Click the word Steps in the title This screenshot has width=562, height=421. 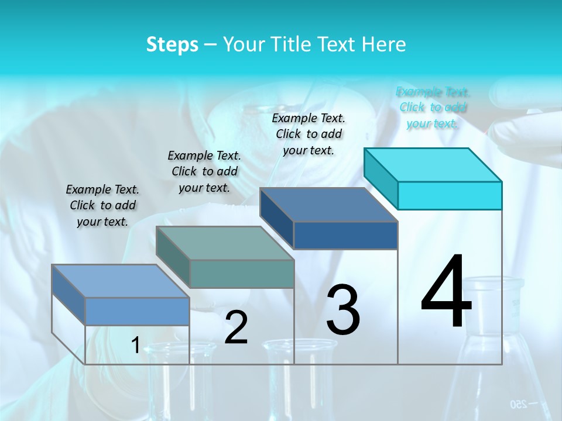point(172,44)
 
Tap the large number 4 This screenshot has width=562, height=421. point(446,292)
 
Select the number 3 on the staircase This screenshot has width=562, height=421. point(343,309)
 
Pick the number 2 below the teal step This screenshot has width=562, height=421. point(236,327)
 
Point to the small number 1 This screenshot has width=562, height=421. point(135,346)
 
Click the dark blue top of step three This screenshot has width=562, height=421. point(328,205)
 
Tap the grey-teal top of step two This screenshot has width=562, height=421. point(225,243)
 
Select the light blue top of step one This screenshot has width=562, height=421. point(121,281)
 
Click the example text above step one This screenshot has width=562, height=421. point(102,205)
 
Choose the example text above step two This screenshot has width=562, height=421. point(204,171)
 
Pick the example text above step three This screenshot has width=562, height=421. point(309,134)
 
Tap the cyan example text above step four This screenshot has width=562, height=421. point(433,107)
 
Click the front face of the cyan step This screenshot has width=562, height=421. point(450,195)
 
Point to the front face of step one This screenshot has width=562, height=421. point(137,311)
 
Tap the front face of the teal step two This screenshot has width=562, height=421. point(242,274)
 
